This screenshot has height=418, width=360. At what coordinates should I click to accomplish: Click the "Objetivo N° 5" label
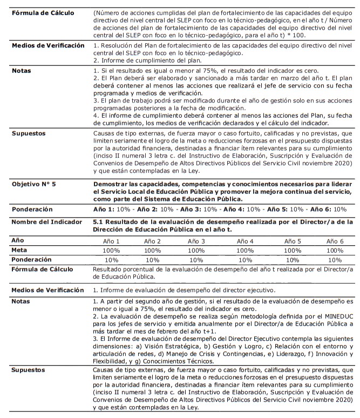tap(34, 184)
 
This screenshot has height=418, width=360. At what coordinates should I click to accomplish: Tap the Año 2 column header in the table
tap(152, 241)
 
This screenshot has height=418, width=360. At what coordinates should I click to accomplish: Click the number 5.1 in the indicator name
tap(100, 221)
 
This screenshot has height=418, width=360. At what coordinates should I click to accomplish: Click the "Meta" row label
tap(20, 250)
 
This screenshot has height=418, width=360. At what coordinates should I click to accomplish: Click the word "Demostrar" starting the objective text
tap(111, 184)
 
